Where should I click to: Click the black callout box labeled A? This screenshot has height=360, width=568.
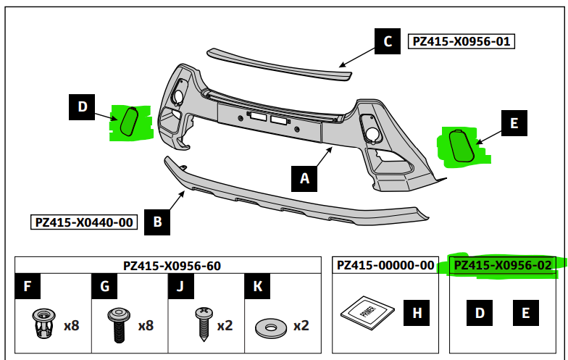[x=304, y=178]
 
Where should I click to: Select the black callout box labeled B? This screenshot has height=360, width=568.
[x=157, y=222]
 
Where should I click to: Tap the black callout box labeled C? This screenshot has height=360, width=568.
[x=388, y=41]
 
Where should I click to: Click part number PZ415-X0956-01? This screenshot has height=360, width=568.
[x=461, y=41]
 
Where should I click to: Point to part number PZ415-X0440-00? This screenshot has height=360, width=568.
[x=83, y=222]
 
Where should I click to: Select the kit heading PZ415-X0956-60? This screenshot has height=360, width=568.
[x=172, y=266]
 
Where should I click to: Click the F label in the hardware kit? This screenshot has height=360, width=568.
[x=28, y=287]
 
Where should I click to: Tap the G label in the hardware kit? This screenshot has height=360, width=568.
[x=105, y=287]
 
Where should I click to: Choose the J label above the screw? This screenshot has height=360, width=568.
[x=181, y=287]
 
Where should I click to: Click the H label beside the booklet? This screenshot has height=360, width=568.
[x=417, y=313]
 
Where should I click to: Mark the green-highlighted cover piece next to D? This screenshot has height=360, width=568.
[x=129, y=121]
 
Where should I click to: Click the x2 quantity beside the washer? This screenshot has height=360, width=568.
[x=301, y=325]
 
